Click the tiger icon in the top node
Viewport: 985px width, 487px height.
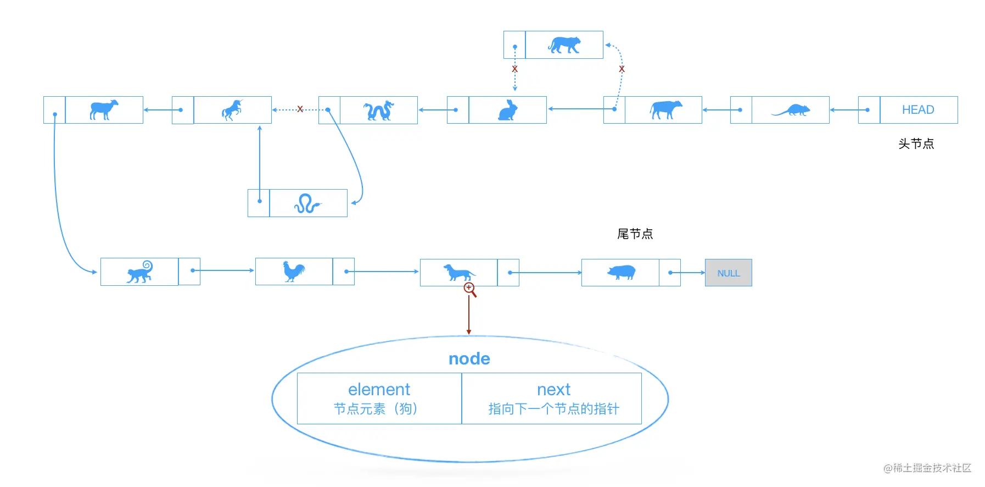point(564,45)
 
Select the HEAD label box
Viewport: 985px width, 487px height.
point(918,110)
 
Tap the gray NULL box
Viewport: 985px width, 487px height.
point(728,273)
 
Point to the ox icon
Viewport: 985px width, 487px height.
point(665,109)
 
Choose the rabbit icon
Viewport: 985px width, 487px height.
point(507,110)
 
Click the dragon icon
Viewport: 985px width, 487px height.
point(379,110)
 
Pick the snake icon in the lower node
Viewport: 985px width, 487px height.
point(307,204)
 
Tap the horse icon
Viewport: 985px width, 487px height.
point(232,110)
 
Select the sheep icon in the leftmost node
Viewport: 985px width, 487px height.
point(104,109)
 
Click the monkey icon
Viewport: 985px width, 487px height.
point(140,272)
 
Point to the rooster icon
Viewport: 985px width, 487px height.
point(294,272)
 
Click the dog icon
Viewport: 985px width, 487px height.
point(459,272)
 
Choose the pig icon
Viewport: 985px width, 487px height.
point(621,272)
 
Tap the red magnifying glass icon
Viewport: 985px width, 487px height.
point(470,289)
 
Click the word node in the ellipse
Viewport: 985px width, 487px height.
point(469,359)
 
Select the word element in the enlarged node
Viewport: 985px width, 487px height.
point(379,390)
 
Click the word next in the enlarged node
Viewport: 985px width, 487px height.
point(553,390)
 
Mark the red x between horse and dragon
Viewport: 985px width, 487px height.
point(300,109)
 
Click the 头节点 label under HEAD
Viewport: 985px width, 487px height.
point(916,144)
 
